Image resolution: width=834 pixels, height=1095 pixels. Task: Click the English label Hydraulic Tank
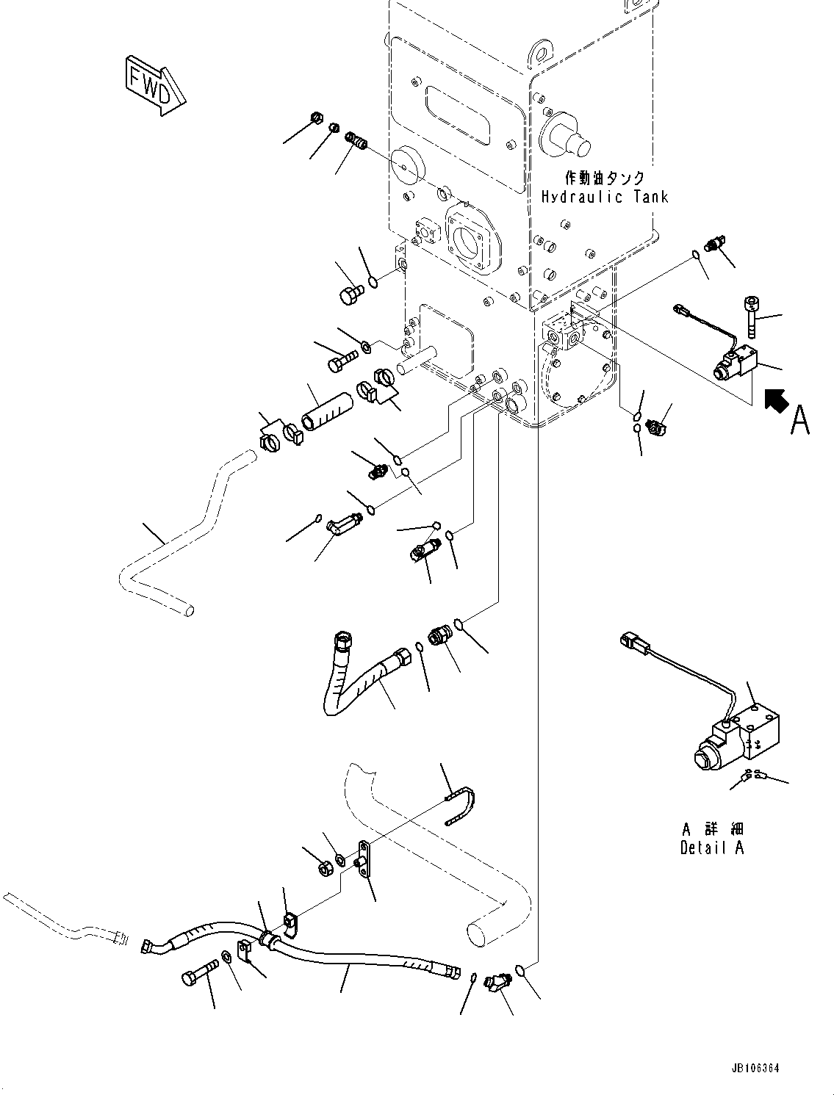tap(604, 197)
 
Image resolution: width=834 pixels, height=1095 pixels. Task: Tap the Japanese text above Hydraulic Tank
tap(604, 178)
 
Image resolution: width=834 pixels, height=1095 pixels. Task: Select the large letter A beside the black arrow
tap(799, 421)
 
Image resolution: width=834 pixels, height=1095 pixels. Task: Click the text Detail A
tap(711, 848)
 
